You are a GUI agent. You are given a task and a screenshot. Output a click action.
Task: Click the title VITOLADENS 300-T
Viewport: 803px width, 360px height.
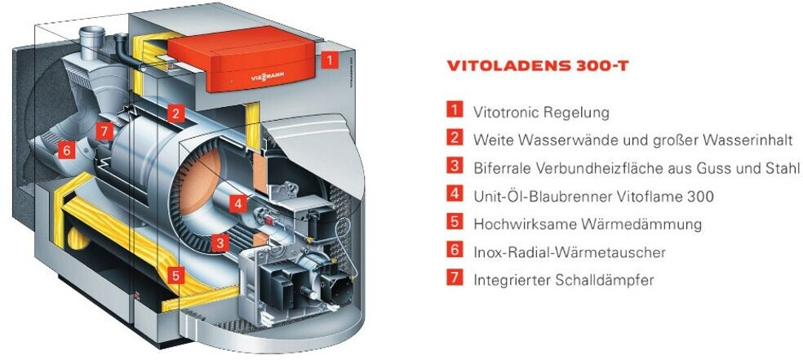538,66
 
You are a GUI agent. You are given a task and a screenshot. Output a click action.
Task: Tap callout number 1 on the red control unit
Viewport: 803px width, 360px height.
328,59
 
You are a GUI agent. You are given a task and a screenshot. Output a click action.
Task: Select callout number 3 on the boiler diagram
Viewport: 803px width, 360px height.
219,242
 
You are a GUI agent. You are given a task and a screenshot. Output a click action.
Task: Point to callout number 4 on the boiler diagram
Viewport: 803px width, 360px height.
237,202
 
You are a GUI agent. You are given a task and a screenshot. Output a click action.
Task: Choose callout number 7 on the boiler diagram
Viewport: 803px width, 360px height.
102,131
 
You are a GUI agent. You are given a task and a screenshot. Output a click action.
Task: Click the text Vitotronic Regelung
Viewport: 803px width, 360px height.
541,111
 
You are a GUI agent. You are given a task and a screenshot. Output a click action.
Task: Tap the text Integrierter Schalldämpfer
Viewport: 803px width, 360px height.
563,279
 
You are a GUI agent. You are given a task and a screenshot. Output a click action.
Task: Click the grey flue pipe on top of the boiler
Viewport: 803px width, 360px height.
91,40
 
